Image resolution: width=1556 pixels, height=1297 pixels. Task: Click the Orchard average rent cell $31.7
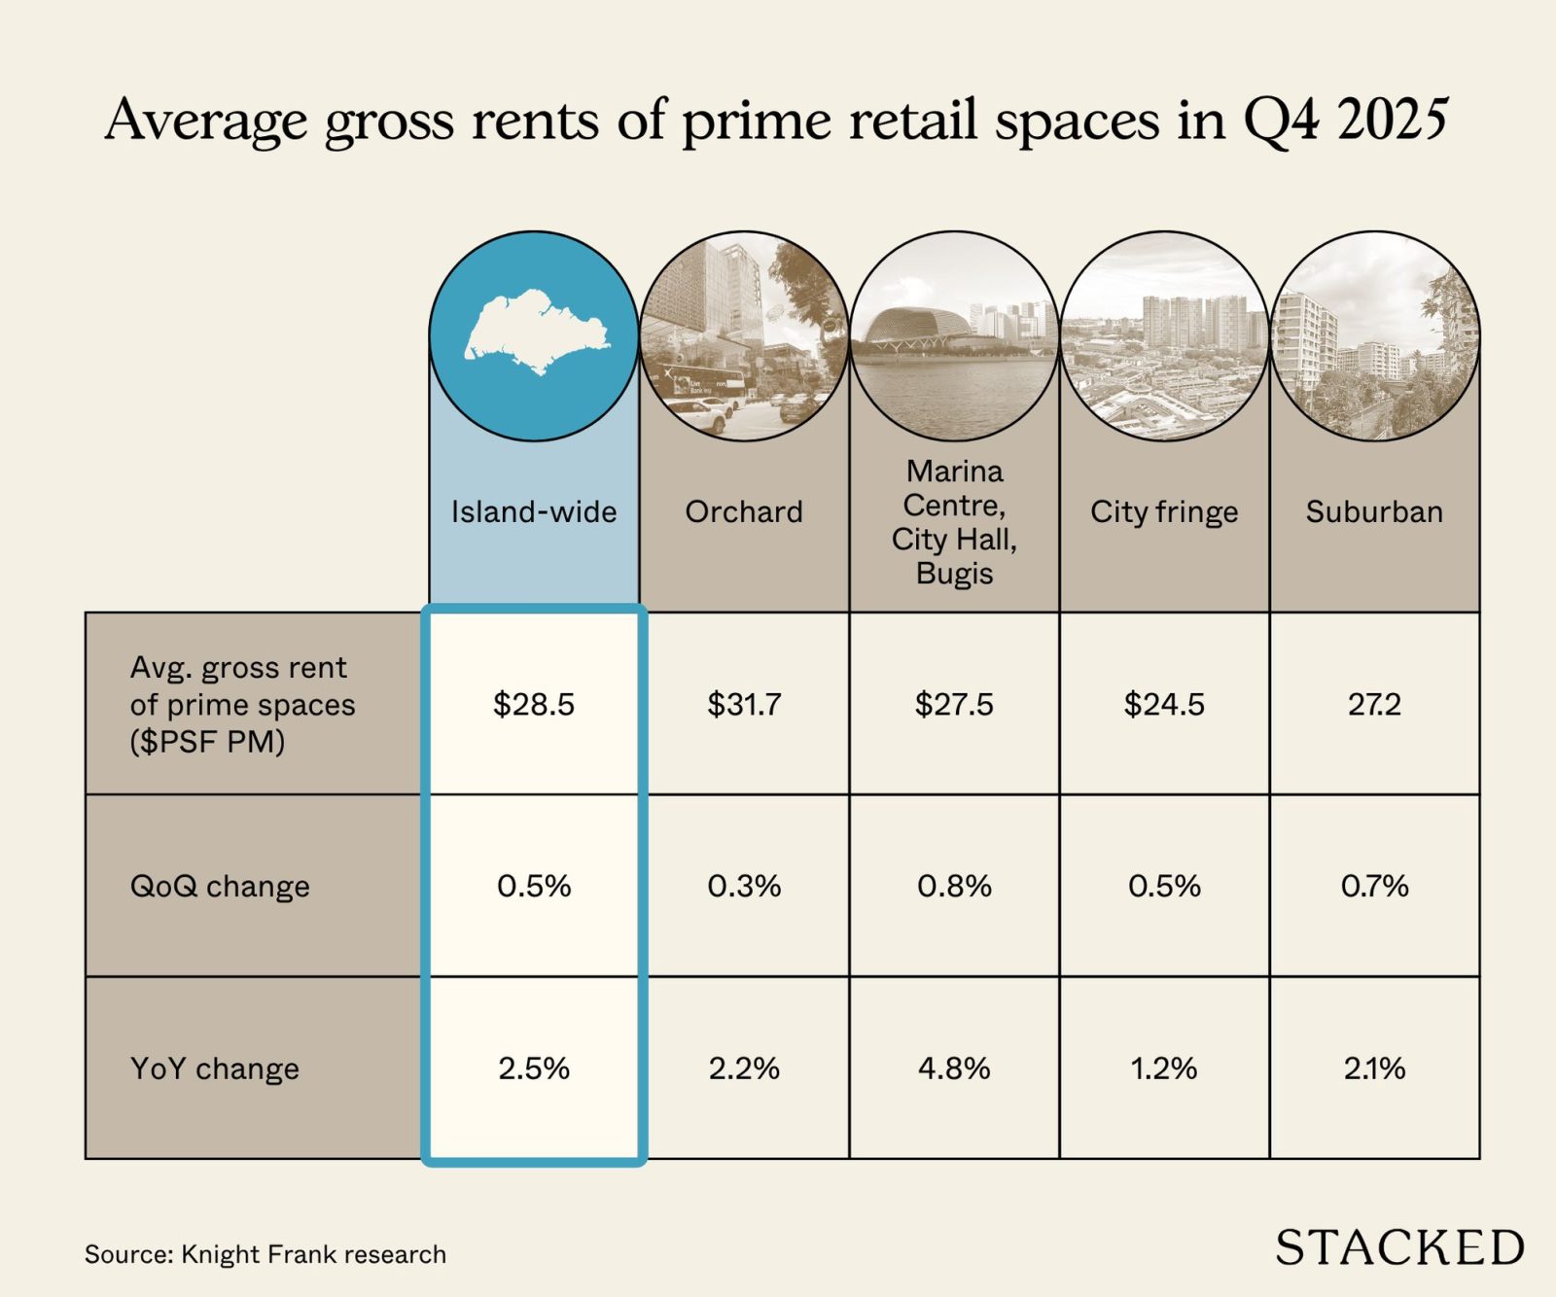click(744, 704)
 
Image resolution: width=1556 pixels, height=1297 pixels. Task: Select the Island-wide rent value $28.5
click(534, 704)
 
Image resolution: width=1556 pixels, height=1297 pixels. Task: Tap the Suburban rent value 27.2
click(1374, 704)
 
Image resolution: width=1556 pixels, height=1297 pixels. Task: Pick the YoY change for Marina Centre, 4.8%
click(954, 1069)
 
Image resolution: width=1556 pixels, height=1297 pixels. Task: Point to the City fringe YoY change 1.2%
click(1164, 1069)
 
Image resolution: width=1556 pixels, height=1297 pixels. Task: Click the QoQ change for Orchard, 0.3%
click(744, 886)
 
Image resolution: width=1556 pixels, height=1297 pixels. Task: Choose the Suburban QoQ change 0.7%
click(1374, 886)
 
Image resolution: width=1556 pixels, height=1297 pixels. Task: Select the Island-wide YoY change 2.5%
click(534, 1069)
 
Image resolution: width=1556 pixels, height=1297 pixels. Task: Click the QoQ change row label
click(220, 887)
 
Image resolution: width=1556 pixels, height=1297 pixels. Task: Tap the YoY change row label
click(215, 1069)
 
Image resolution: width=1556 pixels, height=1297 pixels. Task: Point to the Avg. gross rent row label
click(242, 705)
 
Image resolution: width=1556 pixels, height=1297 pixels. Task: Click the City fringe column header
click(1164, 511)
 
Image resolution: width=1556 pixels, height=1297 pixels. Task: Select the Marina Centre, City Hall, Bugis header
click(954, 522)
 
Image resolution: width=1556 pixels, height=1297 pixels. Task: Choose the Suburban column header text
click(1374, 511)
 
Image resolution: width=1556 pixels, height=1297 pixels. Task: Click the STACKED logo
click(1399, 1247)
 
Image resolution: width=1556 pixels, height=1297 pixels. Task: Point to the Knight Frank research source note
click(265, 1254)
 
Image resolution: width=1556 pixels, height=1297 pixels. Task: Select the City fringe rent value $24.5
click(1164, 704)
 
